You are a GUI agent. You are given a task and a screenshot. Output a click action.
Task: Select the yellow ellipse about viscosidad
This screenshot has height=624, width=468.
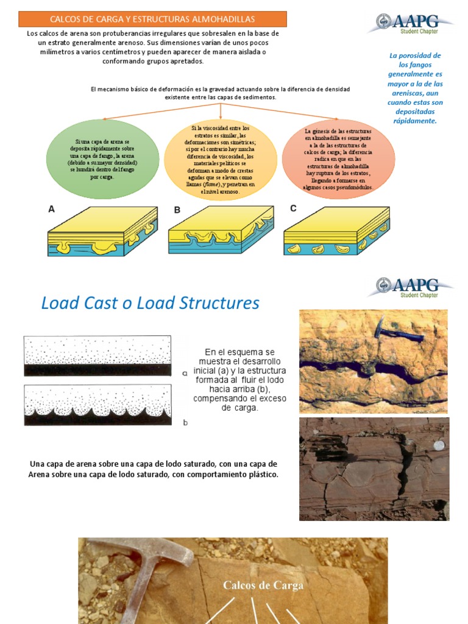[x=221, y=160]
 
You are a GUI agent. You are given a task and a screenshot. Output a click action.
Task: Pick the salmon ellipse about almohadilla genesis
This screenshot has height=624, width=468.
[x=338, y=159]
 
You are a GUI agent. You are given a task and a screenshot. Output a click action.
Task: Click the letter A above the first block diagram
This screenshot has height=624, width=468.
[x=52, y=209]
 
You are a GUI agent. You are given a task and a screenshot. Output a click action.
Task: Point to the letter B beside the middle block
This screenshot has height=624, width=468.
[x=177, y=210]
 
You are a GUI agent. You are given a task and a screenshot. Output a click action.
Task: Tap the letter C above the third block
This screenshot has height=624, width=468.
[x=293, y=208]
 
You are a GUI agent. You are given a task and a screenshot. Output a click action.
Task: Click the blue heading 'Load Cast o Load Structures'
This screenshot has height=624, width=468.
[x=150, y=303]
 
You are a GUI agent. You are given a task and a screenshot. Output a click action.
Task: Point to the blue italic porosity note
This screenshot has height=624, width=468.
[x=415, y=88]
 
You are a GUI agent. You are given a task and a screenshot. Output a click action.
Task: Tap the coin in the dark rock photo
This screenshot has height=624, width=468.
[x=437, y=445]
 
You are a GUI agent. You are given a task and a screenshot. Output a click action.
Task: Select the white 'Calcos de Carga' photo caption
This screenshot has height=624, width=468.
[x=263, y=586]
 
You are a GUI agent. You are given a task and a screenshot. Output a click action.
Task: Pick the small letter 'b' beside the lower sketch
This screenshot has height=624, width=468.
[x=185, y=421]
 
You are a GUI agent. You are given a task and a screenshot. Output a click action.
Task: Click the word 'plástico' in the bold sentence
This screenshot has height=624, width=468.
[x=261, y=474]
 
